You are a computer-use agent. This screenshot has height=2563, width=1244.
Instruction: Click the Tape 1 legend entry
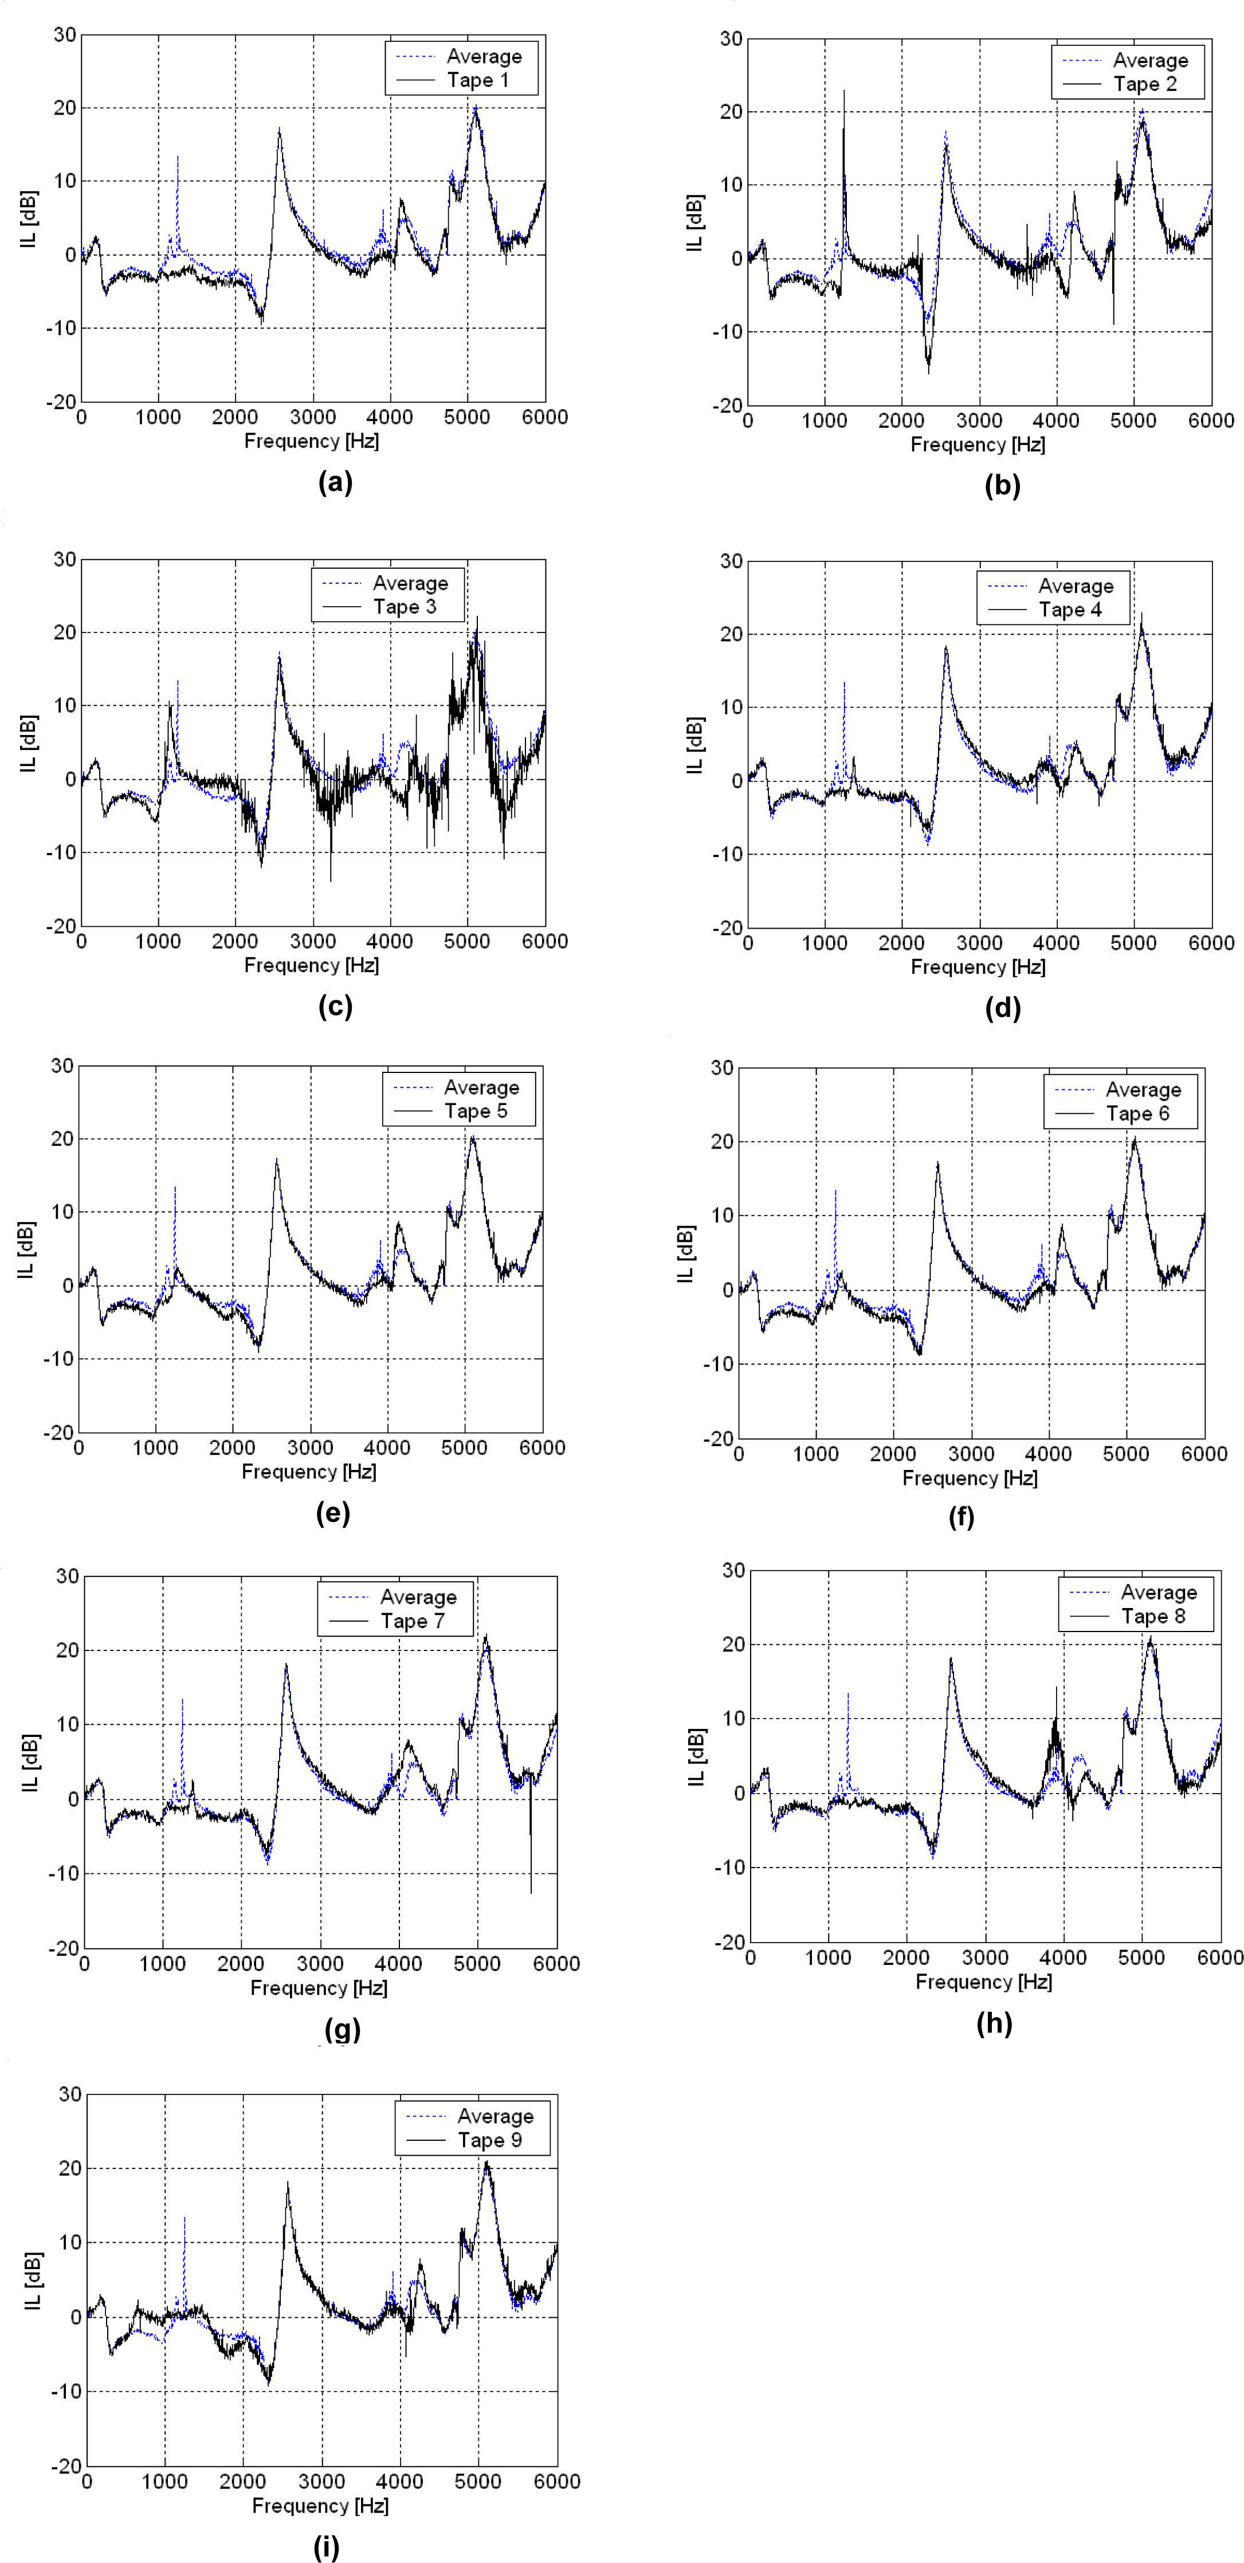[478, 81]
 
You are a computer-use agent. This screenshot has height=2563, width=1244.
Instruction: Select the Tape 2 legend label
[1144, 85]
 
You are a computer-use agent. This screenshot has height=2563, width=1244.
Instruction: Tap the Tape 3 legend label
[404, 607]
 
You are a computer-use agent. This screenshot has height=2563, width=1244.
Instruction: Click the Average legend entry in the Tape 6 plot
[1143, 1090]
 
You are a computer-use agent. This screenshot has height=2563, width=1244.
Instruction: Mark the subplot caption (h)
[994, 2023]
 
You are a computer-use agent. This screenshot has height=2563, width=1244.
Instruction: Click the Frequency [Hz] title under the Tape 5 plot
[308, 1472]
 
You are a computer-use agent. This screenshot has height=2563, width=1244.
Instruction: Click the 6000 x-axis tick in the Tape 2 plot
[1210, 421]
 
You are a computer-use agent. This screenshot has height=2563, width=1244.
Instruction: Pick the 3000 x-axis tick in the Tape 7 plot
[320, 1964]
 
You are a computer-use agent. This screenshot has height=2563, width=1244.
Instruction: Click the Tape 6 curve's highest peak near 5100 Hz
[1133, 1140]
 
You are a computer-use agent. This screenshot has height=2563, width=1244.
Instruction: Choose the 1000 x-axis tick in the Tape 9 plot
[164, 2482]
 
